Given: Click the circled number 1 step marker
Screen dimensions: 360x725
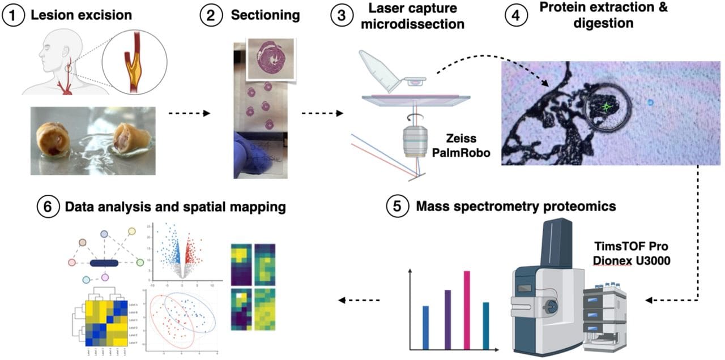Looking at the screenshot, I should click(12, 15).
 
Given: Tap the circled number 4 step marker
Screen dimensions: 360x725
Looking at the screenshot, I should click(514, 15).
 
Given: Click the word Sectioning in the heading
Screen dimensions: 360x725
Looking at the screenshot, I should click(265, 15).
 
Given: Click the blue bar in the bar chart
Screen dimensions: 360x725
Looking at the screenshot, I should click(426, 327).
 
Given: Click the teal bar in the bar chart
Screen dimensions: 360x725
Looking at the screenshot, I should click(485, 325).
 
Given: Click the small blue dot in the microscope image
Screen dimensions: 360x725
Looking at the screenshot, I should click(650, 102).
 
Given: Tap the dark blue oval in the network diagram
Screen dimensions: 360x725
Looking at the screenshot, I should click(104, 263).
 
